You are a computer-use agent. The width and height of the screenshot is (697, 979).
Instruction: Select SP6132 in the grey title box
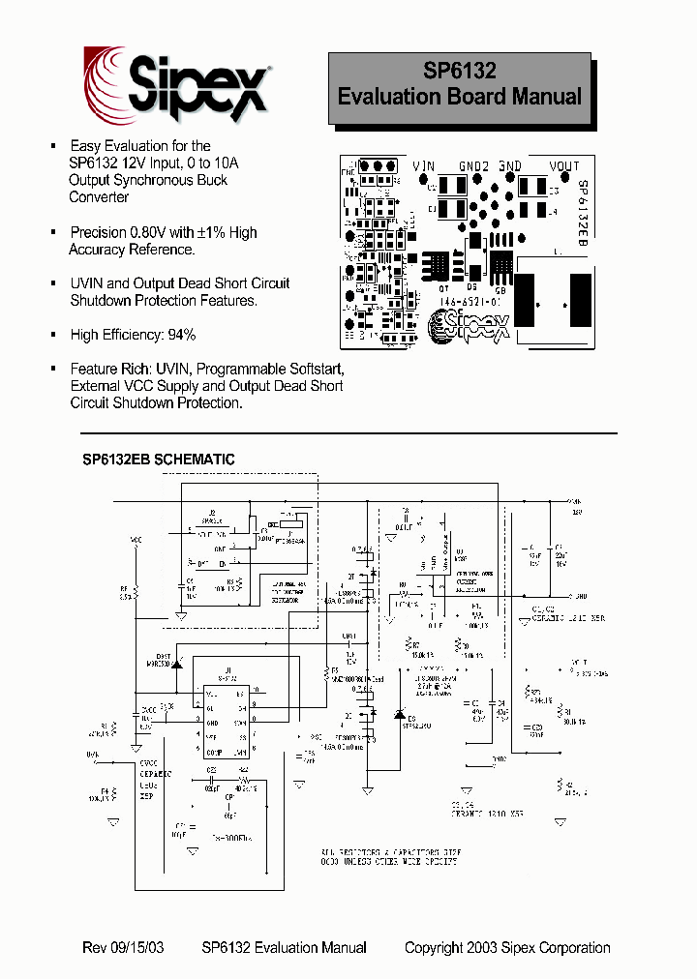tap(460, 71)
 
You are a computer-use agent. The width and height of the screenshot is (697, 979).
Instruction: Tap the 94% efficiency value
tap(180, 335)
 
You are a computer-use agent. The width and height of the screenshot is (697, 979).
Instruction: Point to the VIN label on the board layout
tap(423, 166)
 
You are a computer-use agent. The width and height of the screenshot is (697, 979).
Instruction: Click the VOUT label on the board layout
tap(563, 166)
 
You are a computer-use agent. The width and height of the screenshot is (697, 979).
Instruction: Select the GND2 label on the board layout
tap(473, 166)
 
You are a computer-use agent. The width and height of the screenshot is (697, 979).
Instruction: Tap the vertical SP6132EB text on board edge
tap(583, 215)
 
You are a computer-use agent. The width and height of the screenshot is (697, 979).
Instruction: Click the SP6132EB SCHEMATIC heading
tap(159, 460)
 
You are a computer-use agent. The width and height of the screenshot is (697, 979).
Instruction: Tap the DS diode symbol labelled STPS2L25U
tap(399, 714)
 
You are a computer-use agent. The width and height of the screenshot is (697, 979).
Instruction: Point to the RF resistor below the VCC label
tap(136, 592)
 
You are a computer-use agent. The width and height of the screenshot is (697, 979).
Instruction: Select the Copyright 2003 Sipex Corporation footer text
tap(507, 947)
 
